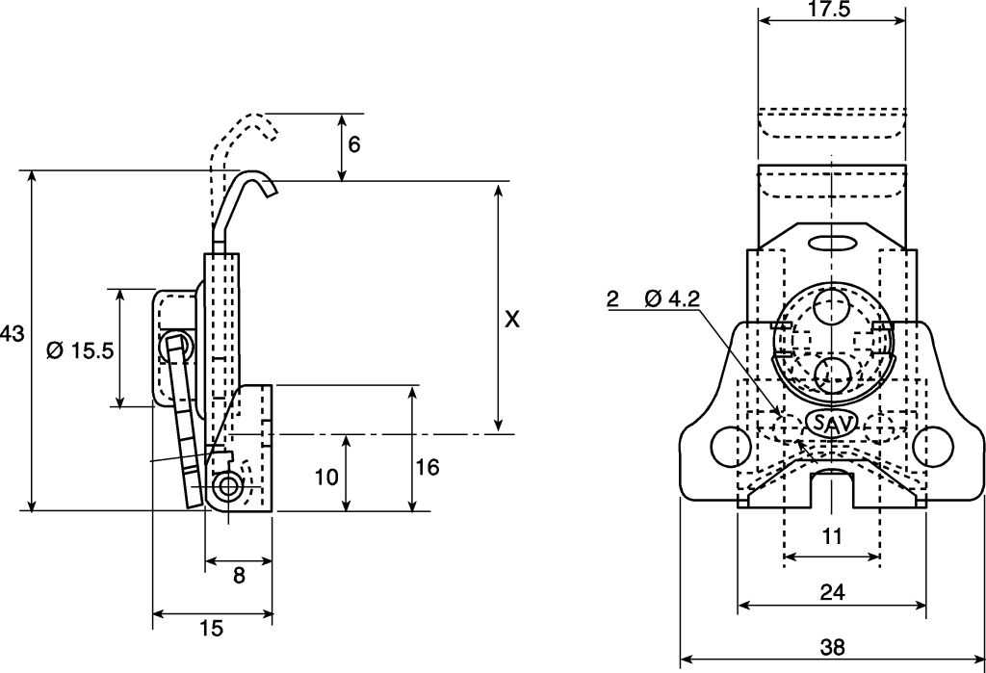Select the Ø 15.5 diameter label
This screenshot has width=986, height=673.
click(80, 350)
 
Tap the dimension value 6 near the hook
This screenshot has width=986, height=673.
click(354, 144)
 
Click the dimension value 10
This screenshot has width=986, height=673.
click(327, 476)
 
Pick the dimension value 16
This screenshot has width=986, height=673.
click(428, 467)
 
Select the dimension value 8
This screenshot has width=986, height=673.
click(239, 575)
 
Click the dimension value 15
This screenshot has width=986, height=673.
click(211, 629)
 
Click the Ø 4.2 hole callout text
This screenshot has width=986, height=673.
click(672, 299)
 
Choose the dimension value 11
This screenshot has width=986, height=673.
click(833, 536)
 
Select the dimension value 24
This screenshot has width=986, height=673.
click(832, 593)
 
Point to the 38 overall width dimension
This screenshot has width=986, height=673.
click(832, 648)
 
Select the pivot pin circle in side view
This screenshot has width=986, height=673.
click(228, 486)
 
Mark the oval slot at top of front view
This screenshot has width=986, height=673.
click(832, 241)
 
